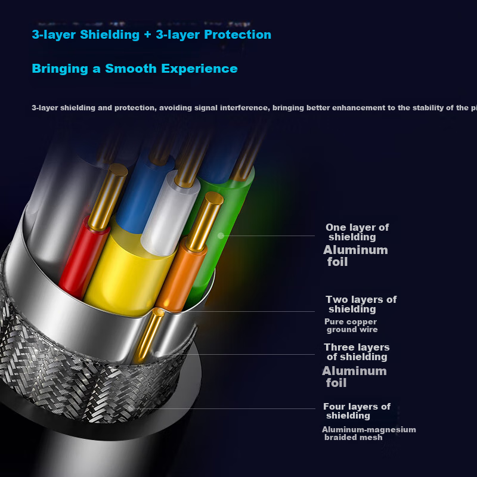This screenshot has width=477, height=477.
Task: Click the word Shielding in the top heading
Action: (110, 35)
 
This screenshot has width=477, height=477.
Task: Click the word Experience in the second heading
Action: (199, 69)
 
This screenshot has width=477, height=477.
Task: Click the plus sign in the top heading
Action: (147, 35)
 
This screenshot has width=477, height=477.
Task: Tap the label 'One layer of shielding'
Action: (357, 232)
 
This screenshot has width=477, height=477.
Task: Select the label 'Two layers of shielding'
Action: (361, 304)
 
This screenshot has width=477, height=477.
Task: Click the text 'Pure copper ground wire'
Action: (351, 326)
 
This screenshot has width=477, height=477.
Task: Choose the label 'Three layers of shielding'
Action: (357, 352)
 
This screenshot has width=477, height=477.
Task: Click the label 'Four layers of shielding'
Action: (357, 411)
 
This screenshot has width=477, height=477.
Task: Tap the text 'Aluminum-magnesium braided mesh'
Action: (368, 433)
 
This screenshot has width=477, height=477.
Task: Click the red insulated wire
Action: (82, 259)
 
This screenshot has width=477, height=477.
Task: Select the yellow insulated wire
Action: (128, 274)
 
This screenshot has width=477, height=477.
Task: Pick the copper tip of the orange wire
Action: (205, 221)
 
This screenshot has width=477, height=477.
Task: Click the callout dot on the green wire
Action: (221, 236)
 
